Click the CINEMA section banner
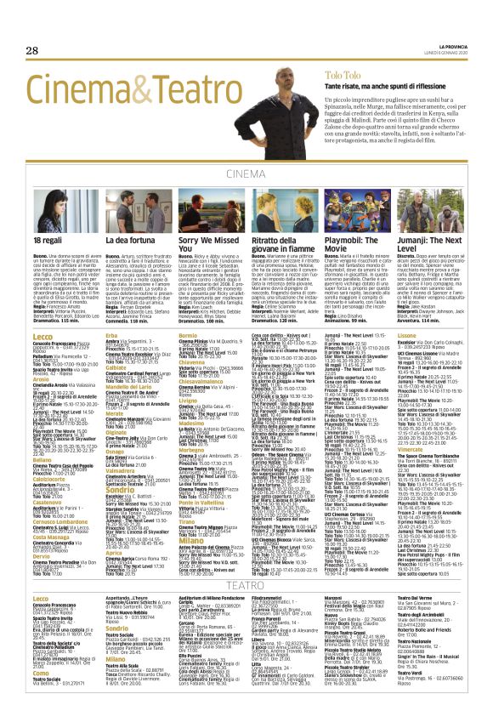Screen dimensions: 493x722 (246, 174)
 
